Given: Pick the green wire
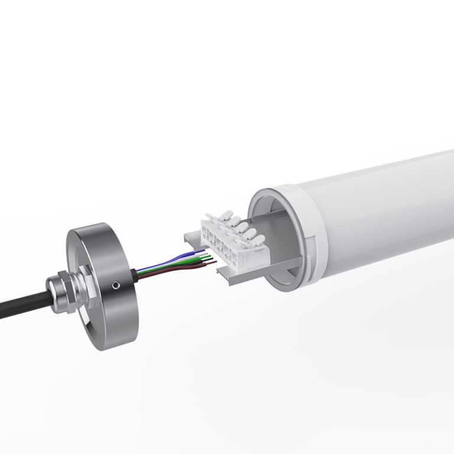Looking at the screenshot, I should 177,266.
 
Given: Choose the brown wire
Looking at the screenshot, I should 177,273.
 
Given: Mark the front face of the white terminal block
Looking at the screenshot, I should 234,251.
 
